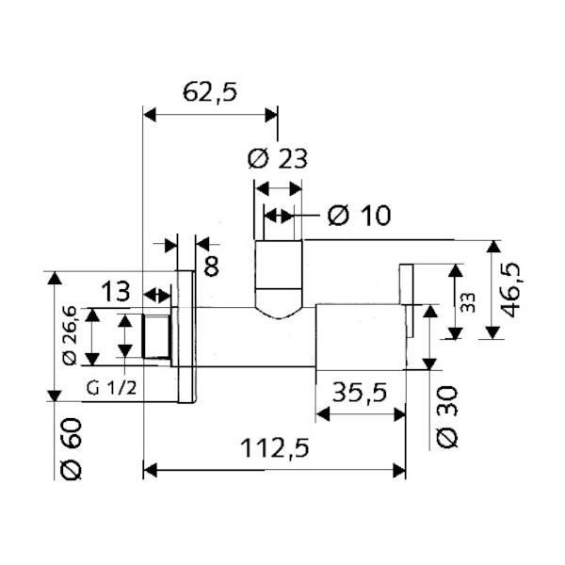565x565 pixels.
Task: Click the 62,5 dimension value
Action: tap(210, 92)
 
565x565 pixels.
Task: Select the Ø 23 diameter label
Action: tap(278, 158)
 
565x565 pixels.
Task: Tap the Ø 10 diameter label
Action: tap(360, 216)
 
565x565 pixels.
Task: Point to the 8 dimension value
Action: tap(211, 266)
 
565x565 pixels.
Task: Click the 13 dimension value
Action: tap(115, 292)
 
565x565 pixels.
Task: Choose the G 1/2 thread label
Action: tap(112, 388)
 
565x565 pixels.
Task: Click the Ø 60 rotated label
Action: tap(72, 449)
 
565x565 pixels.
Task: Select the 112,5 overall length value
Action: tap(275, 448)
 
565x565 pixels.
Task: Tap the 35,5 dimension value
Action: tap(360, 393)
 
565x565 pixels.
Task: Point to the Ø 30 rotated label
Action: tap(447, 417)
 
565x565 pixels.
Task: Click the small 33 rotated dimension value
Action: tap(468, 302)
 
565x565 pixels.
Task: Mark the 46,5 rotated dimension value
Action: tap(511, 290)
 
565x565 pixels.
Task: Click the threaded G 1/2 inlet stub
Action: tap(156, 336)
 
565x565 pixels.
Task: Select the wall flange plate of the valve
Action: tap(186, 336)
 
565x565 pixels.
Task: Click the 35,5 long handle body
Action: tap(361, 337)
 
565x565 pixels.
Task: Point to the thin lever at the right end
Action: tap(407, 300)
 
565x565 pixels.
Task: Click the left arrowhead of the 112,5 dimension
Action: tap(150, 471)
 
